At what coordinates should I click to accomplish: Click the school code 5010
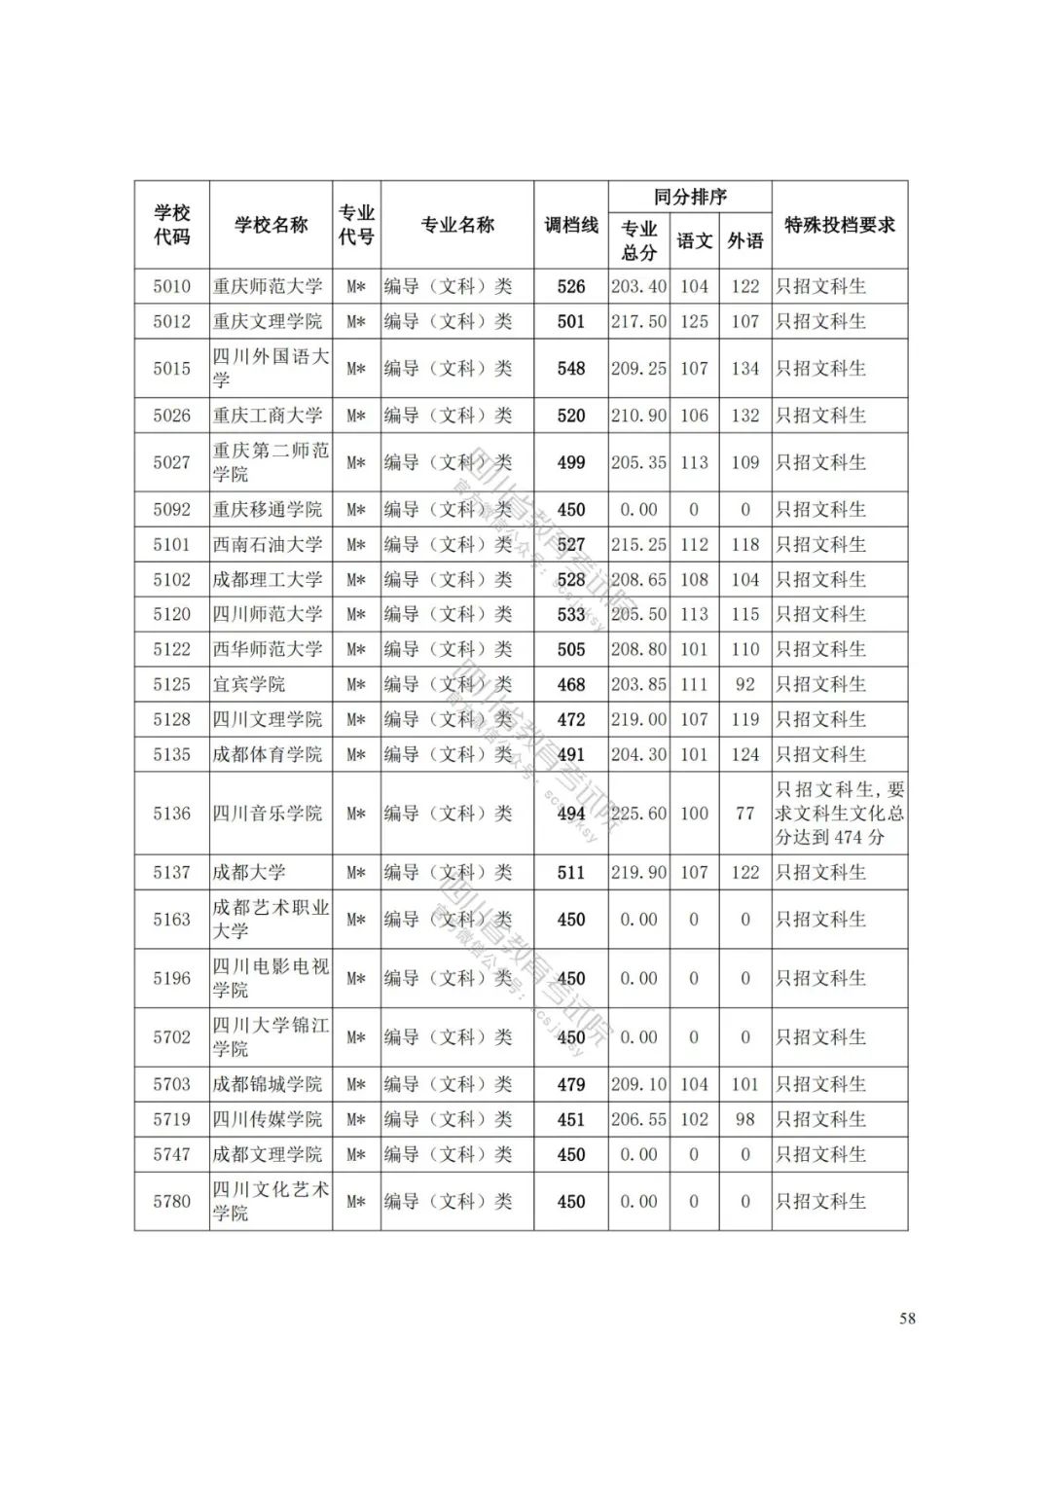[171, 286]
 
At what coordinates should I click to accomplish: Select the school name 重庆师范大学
[268, 286]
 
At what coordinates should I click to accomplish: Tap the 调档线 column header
[571, 225]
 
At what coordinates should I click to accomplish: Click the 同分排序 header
[690, 197]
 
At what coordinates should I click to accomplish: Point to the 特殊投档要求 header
[840, 225]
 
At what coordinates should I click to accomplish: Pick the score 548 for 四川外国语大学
[571, 369]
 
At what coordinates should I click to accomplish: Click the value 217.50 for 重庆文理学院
[638, 321]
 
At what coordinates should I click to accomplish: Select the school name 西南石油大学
[268, 544]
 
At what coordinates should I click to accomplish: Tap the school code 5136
[171, 814]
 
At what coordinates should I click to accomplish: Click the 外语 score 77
[745, 814]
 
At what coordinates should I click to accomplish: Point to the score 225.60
[638, 814]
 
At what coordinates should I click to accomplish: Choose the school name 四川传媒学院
[268, 1119]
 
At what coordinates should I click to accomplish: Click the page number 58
[907, 1319]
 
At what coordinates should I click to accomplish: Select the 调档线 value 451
[571, 1119]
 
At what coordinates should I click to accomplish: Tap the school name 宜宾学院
[249, 684]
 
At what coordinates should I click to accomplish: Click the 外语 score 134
[745, 369]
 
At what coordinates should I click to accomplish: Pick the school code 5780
[171, 1201]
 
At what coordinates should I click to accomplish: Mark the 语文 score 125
[694, 321]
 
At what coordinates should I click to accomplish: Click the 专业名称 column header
[457, 225]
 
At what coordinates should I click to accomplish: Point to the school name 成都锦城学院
[268, 1084]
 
